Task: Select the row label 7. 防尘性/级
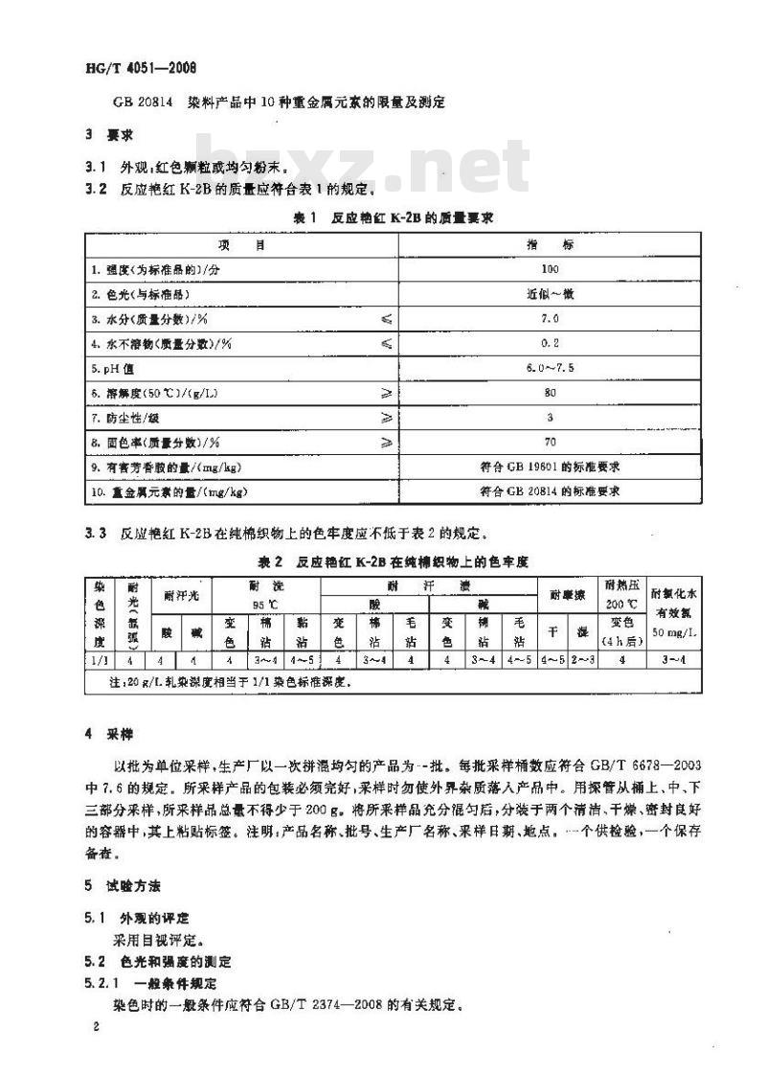[x=132, y=418]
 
